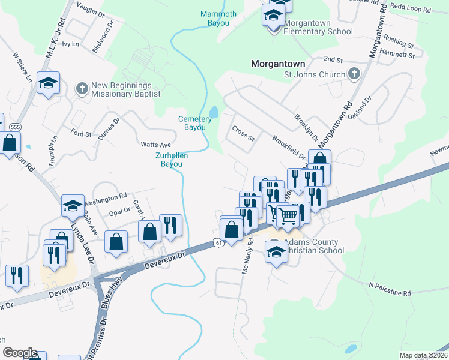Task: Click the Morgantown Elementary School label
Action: click(x=318, y=28)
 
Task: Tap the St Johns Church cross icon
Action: click(x=354, y=74)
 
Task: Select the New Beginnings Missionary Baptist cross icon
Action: click(x=82, y=89)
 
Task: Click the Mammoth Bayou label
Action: click(x=218, y=18)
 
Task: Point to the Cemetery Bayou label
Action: click(x=195, y=123)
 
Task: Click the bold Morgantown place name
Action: click(x=277, y=63)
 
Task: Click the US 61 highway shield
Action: click(x=218, y=242)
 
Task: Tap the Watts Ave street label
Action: click(x=156, y=145)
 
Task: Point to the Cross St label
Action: click(x=243, y=133)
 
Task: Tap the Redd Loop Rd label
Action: click(x=411, y=10)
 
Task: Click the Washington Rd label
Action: click(x=106, y=196)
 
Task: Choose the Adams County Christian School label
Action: click(x=312, y=246)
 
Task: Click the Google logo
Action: click(x=19, y=353)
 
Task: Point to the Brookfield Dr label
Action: click(x=289, y=146)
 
